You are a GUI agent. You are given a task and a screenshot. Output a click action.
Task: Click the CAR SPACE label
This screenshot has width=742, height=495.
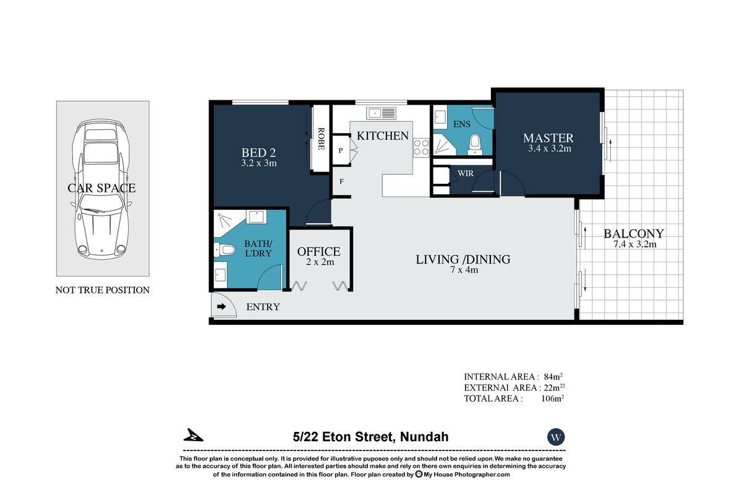pyautogui.click(x=101, y=188)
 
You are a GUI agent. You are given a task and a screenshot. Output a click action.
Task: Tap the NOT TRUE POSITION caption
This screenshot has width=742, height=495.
pyautogui.click(x=103, y=290)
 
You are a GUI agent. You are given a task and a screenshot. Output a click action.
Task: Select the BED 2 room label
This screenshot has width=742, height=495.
pyautogui.click(x=258, y=153)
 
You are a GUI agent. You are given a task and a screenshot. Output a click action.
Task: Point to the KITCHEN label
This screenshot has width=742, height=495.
pyautogui.click(x=383, y=136)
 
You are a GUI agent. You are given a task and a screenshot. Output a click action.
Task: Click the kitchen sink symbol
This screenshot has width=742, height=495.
pyautogui.click(x=381, y=113)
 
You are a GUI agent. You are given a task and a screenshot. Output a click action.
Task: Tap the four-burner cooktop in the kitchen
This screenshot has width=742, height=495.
pyautogui.click(x=421, y=147)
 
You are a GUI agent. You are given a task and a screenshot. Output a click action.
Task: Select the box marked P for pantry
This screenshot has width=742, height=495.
pyautogui.click(x=341, y=150)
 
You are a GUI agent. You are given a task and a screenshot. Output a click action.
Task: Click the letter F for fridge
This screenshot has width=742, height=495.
pyautogui.click(x=341, y=182)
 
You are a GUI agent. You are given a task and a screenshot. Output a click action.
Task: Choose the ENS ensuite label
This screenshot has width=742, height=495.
pyautogui.click(x=462, y=124)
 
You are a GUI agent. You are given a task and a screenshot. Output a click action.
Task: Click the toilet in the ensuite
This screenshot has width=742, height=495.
pyautogui.click(x=475, y=143)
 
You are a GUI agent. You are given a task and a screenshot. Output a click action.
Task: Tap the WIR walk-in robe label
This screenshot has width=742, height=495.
pyautogui.click(x=466, y=173)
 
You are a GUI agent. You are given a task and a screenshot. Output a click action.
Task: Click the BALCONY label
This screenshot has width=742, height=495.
pyautogui.click(x=634, y=234)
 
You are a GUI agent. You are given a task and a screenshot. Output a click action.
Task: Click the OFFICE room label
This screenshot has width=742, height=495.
pyautogui.click(x=319, y=252)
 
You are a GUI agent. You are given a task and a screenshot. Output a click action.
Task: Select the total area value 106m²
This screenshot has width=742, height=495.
pyautogui.click(x=552, y=399)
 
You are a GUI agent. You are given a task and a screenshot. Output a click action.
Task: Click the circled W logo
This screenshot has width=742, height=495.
pyautogui.click(x=556, y=437)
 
